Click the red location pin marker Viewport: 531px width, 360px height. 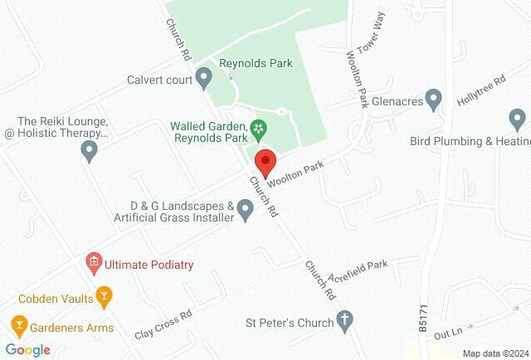265,160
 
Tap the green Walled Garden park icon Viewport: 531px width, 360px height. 260,127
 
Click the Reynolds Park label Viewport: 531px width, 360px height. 256,62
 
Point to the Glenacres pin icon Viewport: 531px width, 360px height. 431,100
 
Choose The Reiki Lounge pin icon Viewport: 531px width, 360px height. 90,152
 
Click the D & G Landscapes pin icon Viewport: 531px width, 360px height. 246,211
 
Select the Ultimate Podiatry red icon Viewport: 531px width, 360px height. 94,265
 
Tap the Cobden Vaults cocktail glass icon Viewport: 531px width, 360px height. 104,294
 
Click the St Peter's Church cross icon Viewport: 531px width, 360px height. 346,320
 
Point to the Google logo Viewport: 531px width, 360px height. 27,350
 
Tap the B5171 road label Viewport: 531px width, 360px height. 423,319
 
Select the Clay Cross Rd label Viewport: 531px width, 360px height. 163,324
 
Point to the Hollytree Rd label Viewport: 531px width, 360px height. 481,91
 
